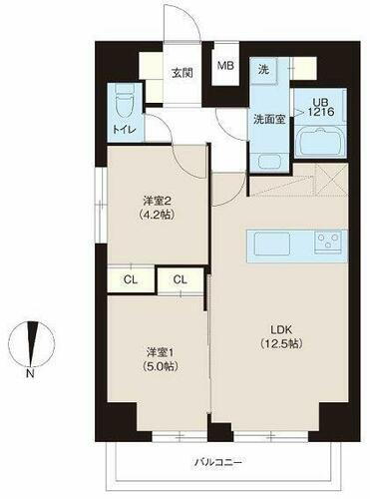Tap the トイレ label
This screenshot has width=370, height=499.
coord(124,130)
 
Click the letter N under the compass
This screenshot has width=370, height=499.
coord(33,375)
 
